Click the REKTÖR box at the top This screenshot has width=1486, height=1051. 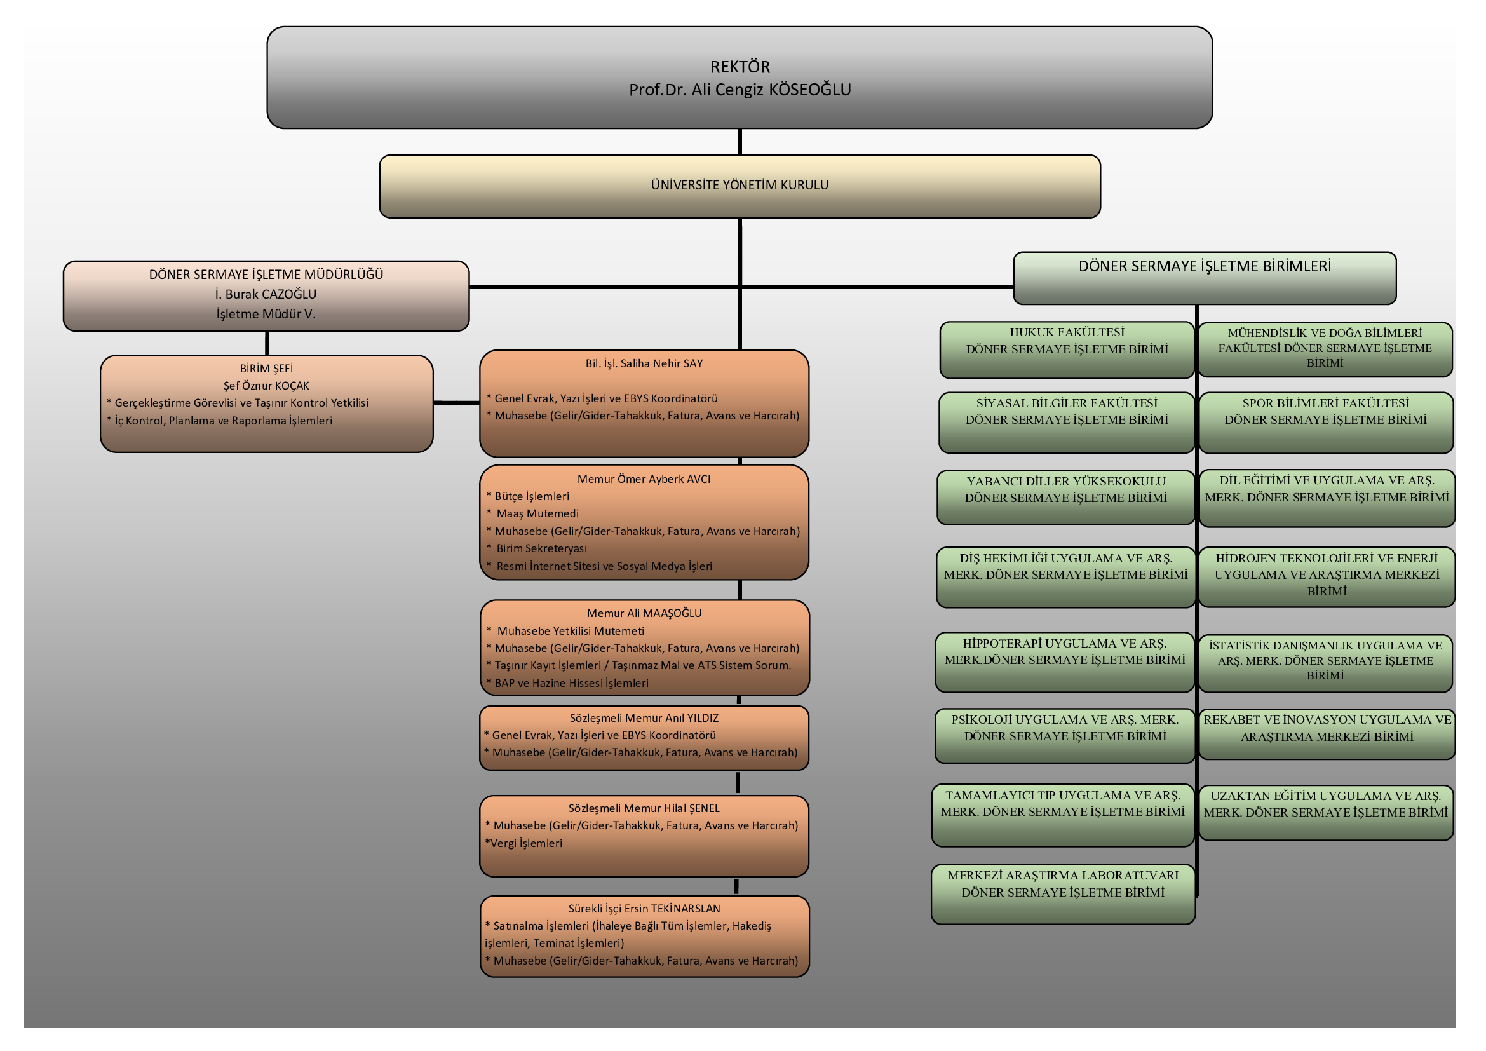[740, 78]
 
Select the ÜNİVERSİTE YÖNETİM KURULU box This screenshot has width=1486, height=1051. [740, 186]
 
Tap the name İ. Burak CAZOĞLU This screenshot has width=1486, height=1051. [266, 294]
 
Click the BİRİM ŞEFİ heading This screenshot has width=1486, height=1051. [266, 369]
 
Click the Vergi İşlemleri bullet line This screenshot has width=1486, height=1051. [523, 843]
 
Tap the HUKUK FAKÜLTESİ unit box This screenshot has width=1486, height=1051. [1067, 349]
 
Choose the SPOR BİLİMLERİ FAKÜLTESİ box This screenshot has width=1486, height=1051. [1326, 422]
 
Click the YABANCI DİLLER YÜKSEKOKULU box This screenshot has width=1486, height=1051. [1066, 497]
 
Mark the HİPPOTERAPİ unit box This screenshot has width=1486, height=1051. [1065, 662]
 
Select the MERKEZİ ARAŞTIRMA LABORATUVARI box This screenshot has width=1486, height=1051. [1064, 894]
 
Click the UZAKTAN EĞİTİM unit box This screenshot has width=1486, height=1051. [1327, 813]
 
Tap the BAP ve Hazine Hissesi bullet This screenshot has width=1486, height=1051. [567, 682]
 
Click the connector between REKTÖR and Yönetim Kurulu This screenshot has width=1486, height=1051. [740, 142]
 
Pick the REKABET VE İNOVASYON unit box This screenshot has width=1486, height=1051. [1327, 734]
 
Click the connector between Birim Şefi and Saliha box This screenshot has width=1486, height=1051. [456, 402]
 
